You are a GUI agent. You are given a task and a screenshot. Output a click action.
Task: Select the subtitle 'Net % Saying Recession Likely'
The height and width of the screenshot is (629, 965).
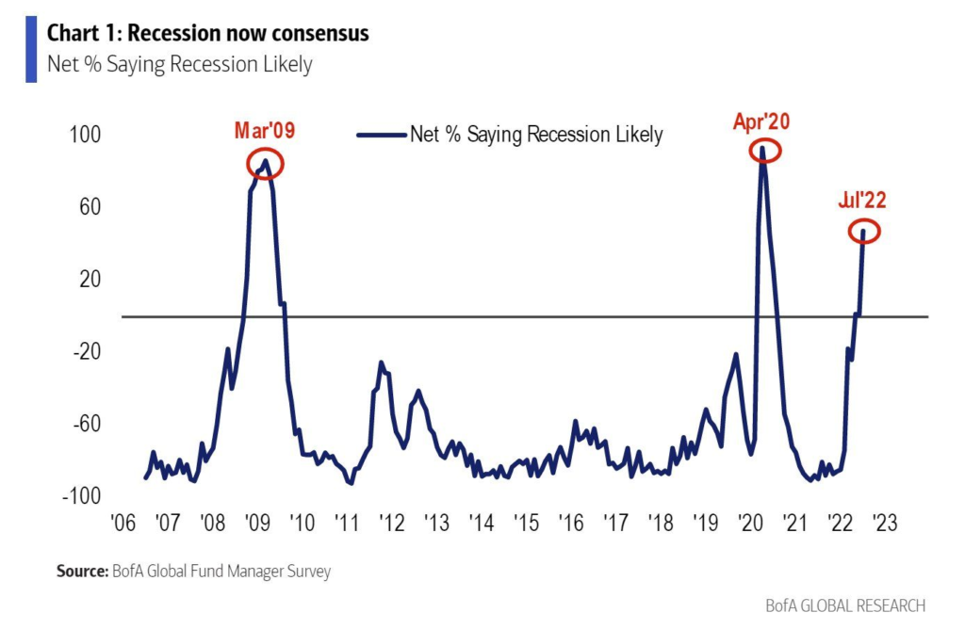pos(180,64)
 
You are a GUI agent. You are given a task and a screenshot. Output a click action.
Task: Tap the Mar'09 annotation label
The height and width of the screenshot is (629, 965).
pos(265,131)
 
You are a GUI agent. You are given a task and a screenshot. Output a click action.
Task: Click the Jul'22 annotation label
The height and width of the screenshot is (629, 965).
pos(862,200)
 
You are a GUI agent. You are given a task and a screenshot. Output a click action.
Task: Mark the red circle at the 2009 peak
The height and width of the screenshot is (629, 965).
pos(265,165)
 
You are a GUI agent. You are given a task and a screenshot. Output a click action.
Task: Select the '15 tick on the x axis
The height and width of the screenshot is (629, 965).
pos(525,523)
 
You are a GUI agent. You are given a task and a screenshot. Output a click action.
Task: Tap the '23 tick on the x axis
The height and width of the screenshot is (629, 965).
pos(885,523)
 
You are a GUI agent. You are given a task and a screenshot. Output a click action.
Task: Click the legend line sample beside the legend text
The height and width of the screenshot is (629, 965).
pos(381,135)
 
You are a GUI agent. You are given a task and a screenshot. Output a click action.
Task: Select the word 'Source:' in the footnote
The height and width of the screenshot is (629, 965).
pos(82,571)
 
